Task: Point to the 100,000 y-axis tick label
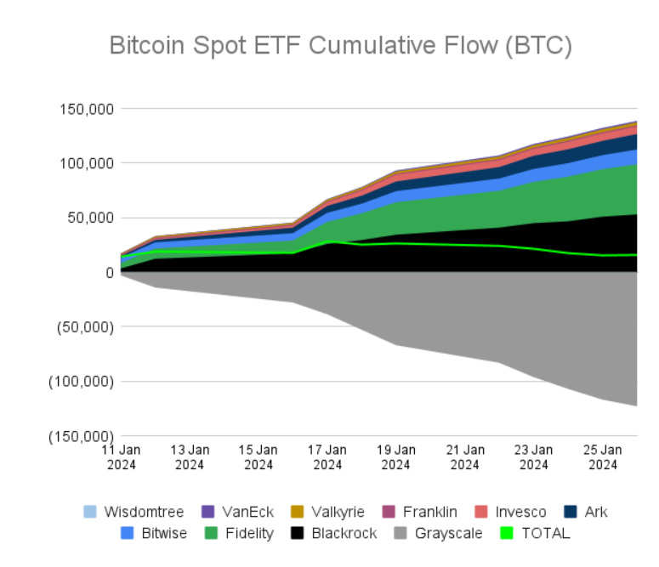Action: coord(86,162)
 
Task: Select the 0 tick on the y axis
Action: coord(110,272)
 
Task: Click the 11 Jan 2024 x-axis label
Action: coord(121,456)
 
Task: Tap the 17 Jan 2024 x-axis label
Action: coord(327,456)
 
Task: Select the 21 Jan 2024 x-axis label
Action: coord(465,456)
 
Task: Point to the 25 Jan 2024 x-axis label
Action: coord(603,456)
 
